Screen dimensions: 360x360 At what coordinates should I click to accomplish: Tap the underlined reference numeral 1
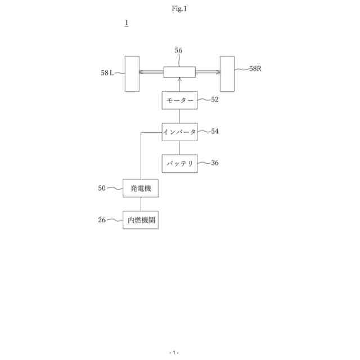127,23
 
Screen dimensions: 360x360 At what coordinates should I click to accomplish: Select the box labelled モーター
179,100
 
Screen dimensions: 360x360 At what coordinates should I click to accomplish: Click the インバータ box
179,132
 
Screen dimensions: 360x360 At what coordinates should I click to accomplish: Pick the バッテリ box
179,163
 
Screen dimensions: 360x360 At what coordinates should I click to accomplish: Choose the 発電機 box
141,188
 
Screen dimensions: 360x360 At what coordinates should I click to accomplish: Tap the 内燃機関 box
141,220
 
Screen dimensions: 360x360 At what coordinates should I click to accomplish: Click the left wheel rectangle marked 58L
132,74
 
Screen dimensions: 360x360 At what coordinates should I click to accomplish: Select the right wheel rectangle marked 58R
227,73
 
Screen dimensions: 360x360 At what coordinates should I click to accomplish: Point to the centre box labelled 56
179,72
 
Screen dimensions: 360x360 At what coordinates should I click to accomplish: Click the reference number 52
215,100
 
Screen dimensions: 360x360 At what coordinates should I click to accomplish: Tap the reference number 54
215,131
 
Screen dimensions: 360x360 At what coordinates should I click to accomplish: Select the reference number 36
215,163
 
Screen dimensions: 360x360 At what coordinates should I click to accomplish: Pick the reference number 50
102,188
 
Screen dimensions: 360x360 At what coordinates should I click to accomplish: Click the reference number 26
102,220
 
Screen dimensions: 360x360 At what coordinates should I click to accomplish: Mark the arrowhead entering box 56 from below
179,80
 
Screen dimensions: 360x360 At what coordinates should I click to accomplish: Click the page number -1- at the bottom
174,352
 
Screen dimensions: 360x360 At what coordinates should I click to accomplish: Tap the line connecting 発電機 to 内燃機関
141,204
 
